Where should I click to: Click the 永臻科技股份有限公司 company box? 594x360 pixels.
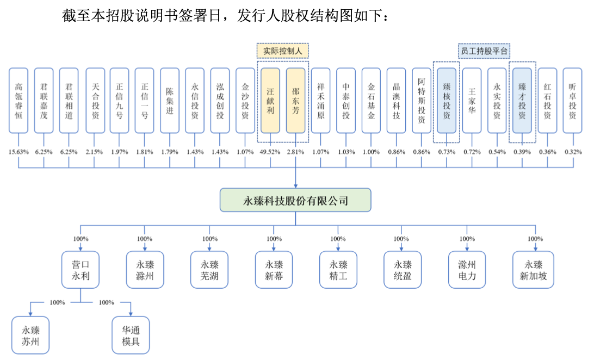point(295,201)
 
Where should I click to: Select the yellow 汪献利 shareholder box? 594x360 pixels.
point(270,101)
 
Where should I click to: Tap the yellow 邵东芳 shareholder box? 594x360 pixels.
point(295,101)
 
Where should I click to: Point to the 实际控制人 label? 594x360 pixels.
point(282,51)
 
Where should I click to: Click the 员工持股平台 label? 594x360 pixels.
point(484,51)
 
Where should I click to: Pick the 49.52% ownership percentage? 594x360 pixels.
point(270,152)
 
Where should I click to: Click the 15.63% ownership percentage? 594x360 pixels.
point(18,152)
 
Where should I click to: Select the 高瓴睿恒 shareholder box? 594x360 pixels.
point(18,101)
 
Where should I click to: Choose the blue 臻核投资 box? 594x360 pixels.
point(447,101)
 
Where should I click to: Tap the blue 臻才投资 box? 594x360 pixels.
point(522,101)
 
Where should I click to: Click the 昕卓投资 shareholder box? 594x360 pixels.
point(572,101)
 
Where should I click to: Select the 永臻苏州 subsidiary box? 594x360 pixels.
point(30,335)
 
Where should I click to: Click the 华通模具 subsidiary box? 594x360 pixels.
point(131,335)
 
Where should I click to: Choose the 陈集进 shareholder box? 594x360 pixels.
point(169,101)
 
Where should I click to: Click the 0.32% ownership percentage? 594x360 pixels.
point(572,152)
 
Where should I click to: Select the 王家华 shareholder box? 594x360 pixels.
point(472,101)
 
